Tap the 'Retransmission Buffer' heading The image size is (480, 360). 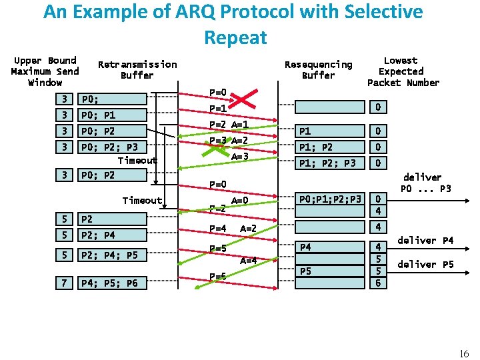pos(137,69)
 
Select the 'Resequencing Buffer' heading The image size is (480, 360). pos(318,69)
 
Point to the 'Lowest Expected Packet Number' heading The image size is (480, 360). pos(403,71)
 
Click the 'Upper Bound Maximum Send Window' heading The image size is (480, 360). pos(45,71)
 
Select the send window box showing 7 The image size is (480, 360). pos(63,283)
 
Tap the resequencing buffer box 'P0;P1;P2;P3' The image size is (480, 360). pos(331,199)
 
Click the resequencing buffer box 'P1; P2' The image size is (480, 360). pos(331,147)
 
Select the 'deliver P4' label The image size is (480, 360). pos(426,240)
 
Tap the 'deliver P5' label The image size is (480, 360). pos(426,265)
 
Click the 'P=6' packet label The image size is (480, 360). pos(218,276)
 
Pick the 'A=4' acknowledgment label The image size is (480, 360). pos(249,261)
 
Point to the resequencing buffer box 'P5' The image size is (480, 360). pos(331,271)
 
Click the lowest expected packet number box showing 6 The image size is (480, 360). pos(377,283)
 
